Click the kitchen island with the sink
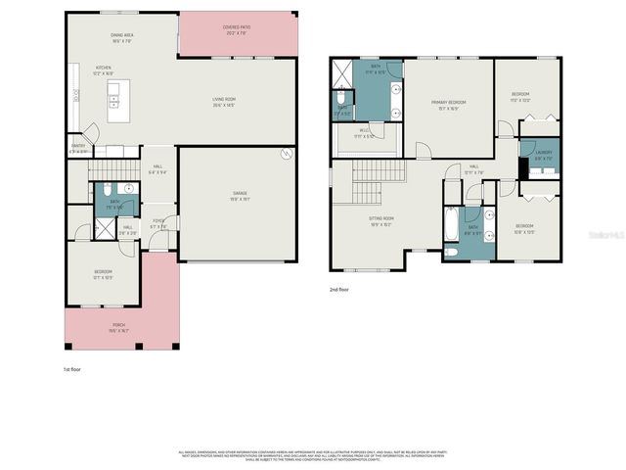[114, 100]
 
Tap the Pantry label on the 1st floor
[78, 149]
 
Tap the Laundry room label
[544, 154]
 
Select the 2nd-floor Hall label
[473, 168]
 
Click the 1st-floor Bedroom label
[103, 272]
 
